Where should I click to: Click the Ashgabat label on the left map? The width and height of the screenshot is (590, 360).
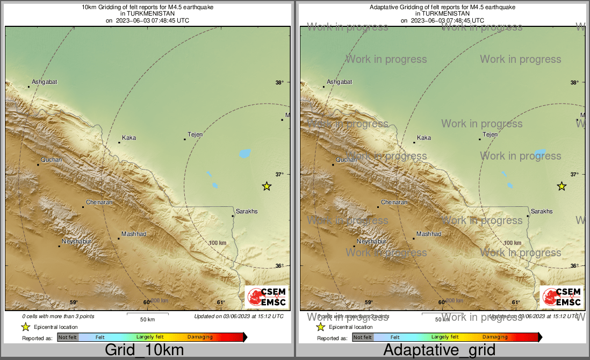[44, 82]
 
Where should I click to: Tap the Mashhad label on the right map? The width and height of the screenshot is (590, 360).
[429, 234]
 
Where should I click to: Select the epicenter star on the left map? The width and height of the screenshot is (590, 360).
[267, 186]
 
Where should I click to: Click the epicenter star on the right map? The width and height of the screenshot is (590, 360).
[562, 186]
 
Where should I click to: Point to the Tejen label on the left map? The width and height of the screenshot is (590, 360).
[195, 134]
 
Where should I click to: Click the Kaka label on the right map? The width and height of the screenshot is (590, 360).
[424, 138]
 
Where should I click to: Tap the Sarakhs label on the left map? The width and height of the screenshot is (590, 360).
[247, 211]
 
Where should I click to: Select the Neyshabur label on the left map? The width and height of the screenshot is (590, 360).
[77, 241]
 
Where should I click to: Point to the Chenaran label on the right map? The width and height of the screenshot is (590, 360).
[394, 202]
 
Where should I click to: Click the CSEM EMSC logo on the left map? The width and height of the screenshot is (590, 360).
[266, 297]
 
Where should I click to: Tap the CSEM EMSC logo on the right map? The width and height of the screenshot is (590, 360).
[561, 297]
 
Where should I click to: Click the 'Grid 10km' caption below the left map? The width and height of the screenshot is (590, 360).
[144, 350]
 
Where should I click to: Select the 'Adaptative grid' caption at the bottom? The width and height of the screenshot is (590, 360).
[439, 350]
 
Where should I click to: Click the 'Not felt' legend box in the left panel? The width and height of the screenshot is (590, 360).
[68, 337]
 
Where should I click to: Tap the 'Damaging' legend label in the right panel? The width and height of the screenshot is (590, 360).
[495, 337]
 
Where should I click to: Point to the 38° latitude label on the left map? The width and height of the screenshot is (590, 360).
[279, 82]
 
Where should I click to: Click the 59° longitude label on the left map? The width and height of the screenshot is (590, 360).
[74, 302]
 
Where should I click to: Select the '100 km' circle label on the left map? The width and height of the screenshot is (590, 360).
[217, 243]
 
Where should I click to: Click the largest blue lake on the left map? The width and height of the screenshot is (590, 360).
[245, 154]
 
